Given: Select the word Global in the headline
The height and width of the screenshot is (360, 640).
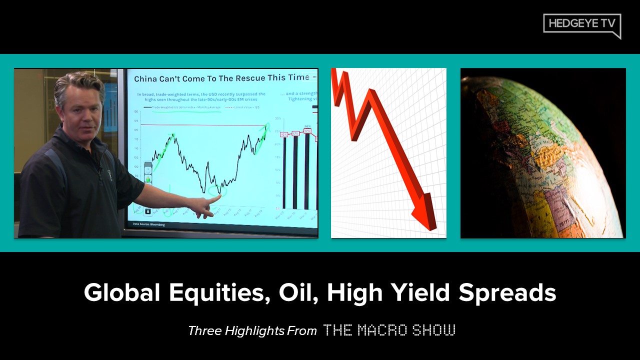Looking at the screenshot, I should (x=122, y=292).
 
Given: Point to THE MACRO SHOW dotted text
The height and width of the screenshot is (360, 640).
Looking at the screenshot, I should (x=389, y=330).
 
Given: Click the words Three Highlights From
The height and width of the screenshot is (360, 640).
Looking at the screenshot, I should (x=252, y=330).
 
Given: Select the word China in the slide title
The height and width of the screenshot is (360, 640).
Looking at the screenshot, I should (x=148, y=78).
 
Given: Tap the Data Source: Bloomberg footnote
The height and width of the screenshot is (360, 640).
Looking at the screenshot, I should (x=148, y=224).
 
